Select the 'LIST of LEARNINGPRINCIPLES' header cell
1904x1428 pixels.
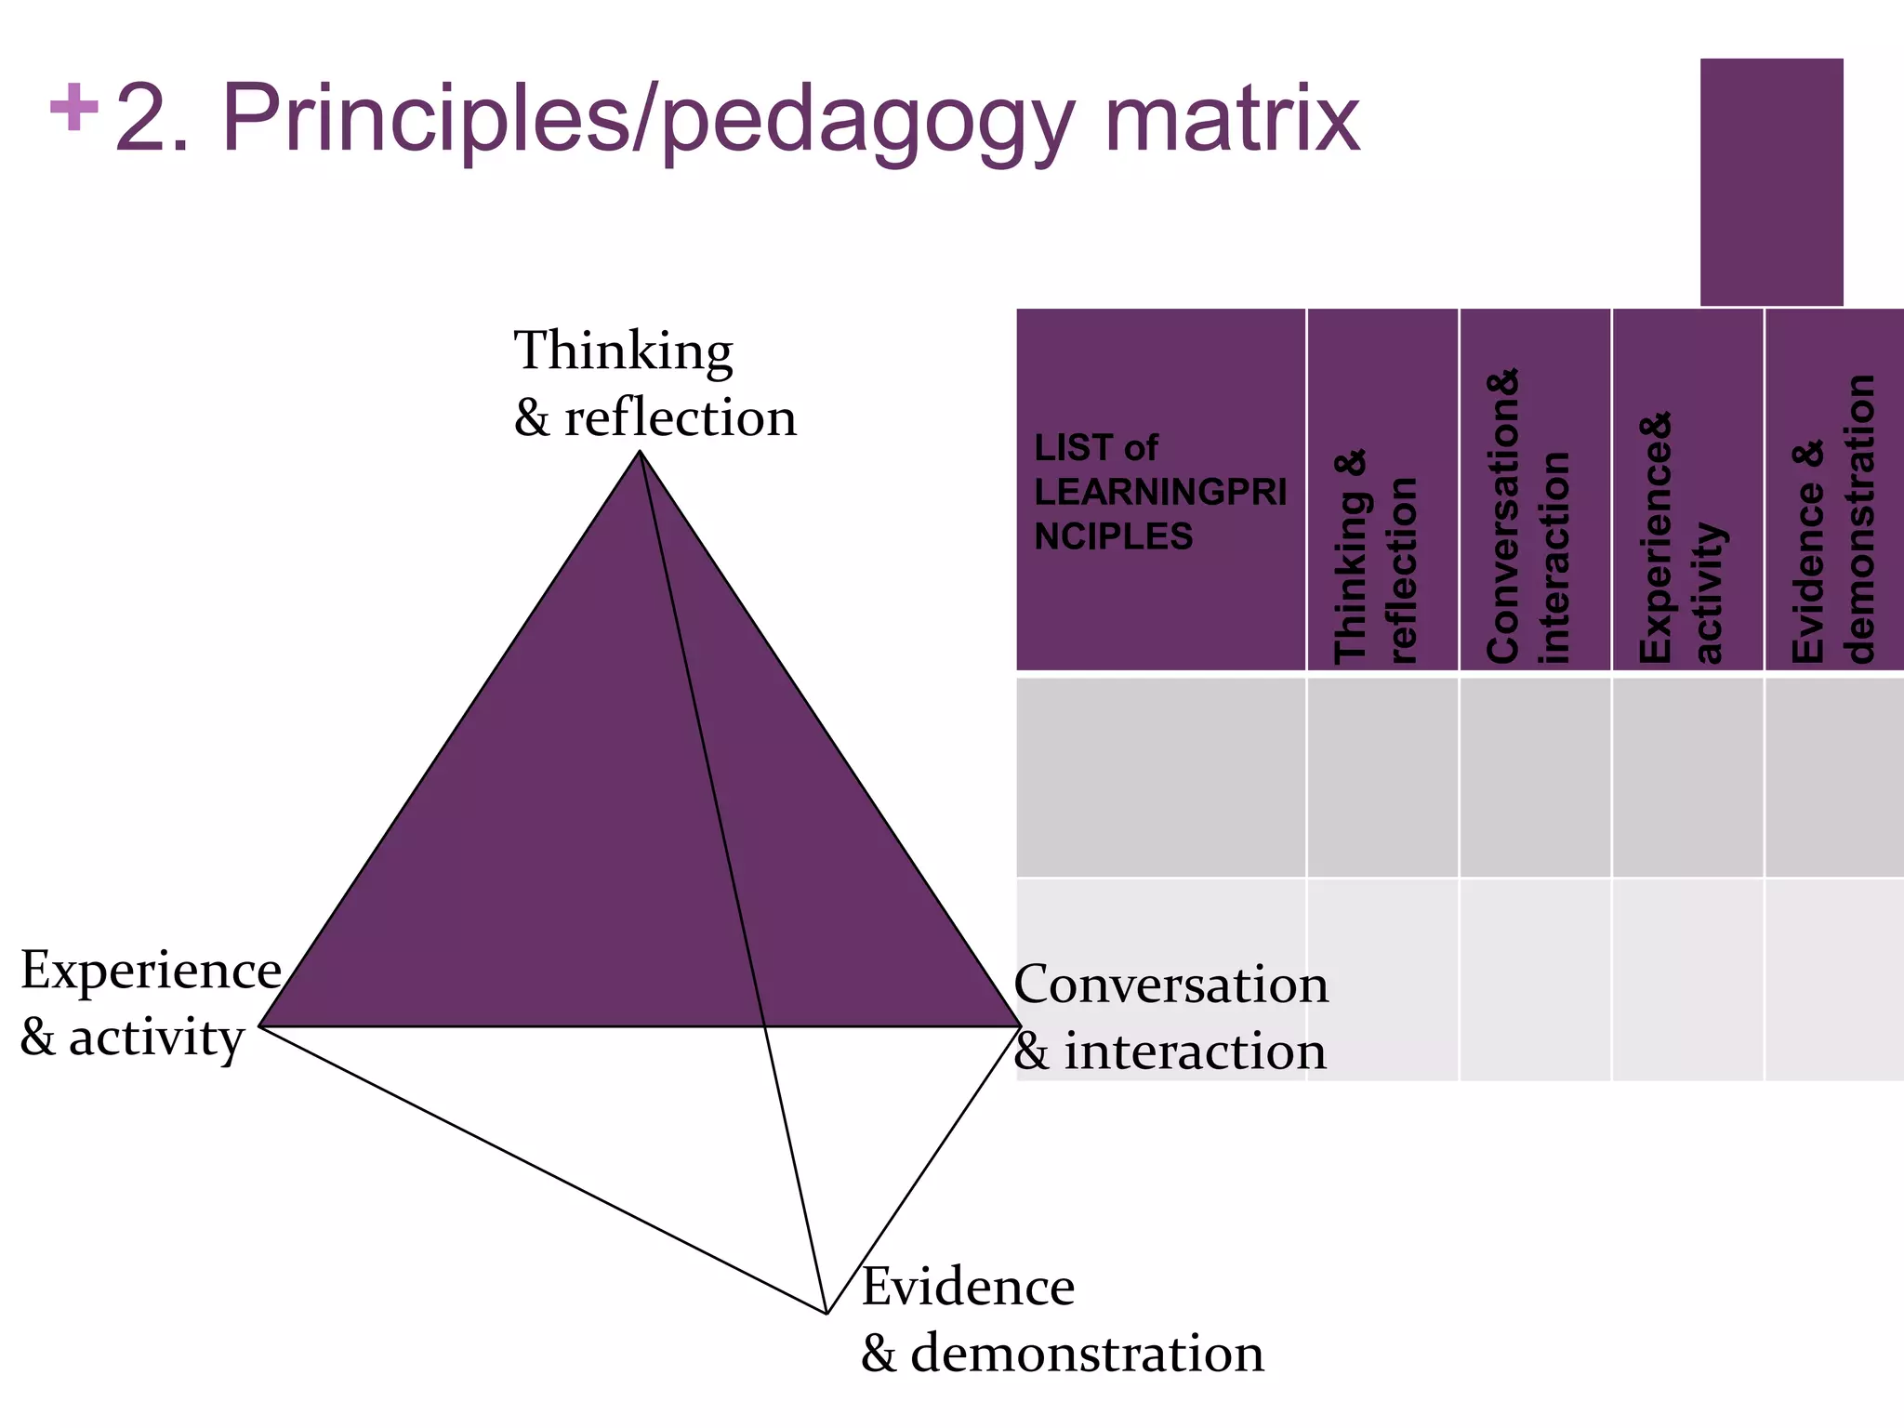[1160, 491]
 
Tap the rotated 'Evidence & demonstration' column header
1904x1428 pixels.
[1834, 521]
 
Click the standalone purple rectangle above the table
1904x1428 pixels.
[1771, 182]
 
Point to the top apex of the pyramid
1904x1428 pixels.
[640, 452]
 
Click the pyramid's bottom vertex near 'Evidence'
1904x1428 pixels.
[826, 1313]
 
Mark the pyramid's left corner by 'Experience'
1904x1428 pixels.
[260, 1025]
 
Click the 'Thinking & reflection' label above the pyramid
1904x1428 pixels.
[654, 383]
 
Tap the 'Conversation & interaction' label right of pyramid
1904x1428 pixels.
[1170, 1017]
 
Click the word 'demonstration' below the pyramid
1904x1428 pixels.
[1087, 1354]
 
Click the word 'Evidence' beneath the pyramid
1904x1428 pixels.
[968, 1287]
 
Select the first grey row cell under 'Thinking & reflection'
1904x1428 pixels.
[1382, 777]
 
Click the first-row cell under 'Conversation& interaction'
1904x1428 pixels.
[1534, 777]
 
